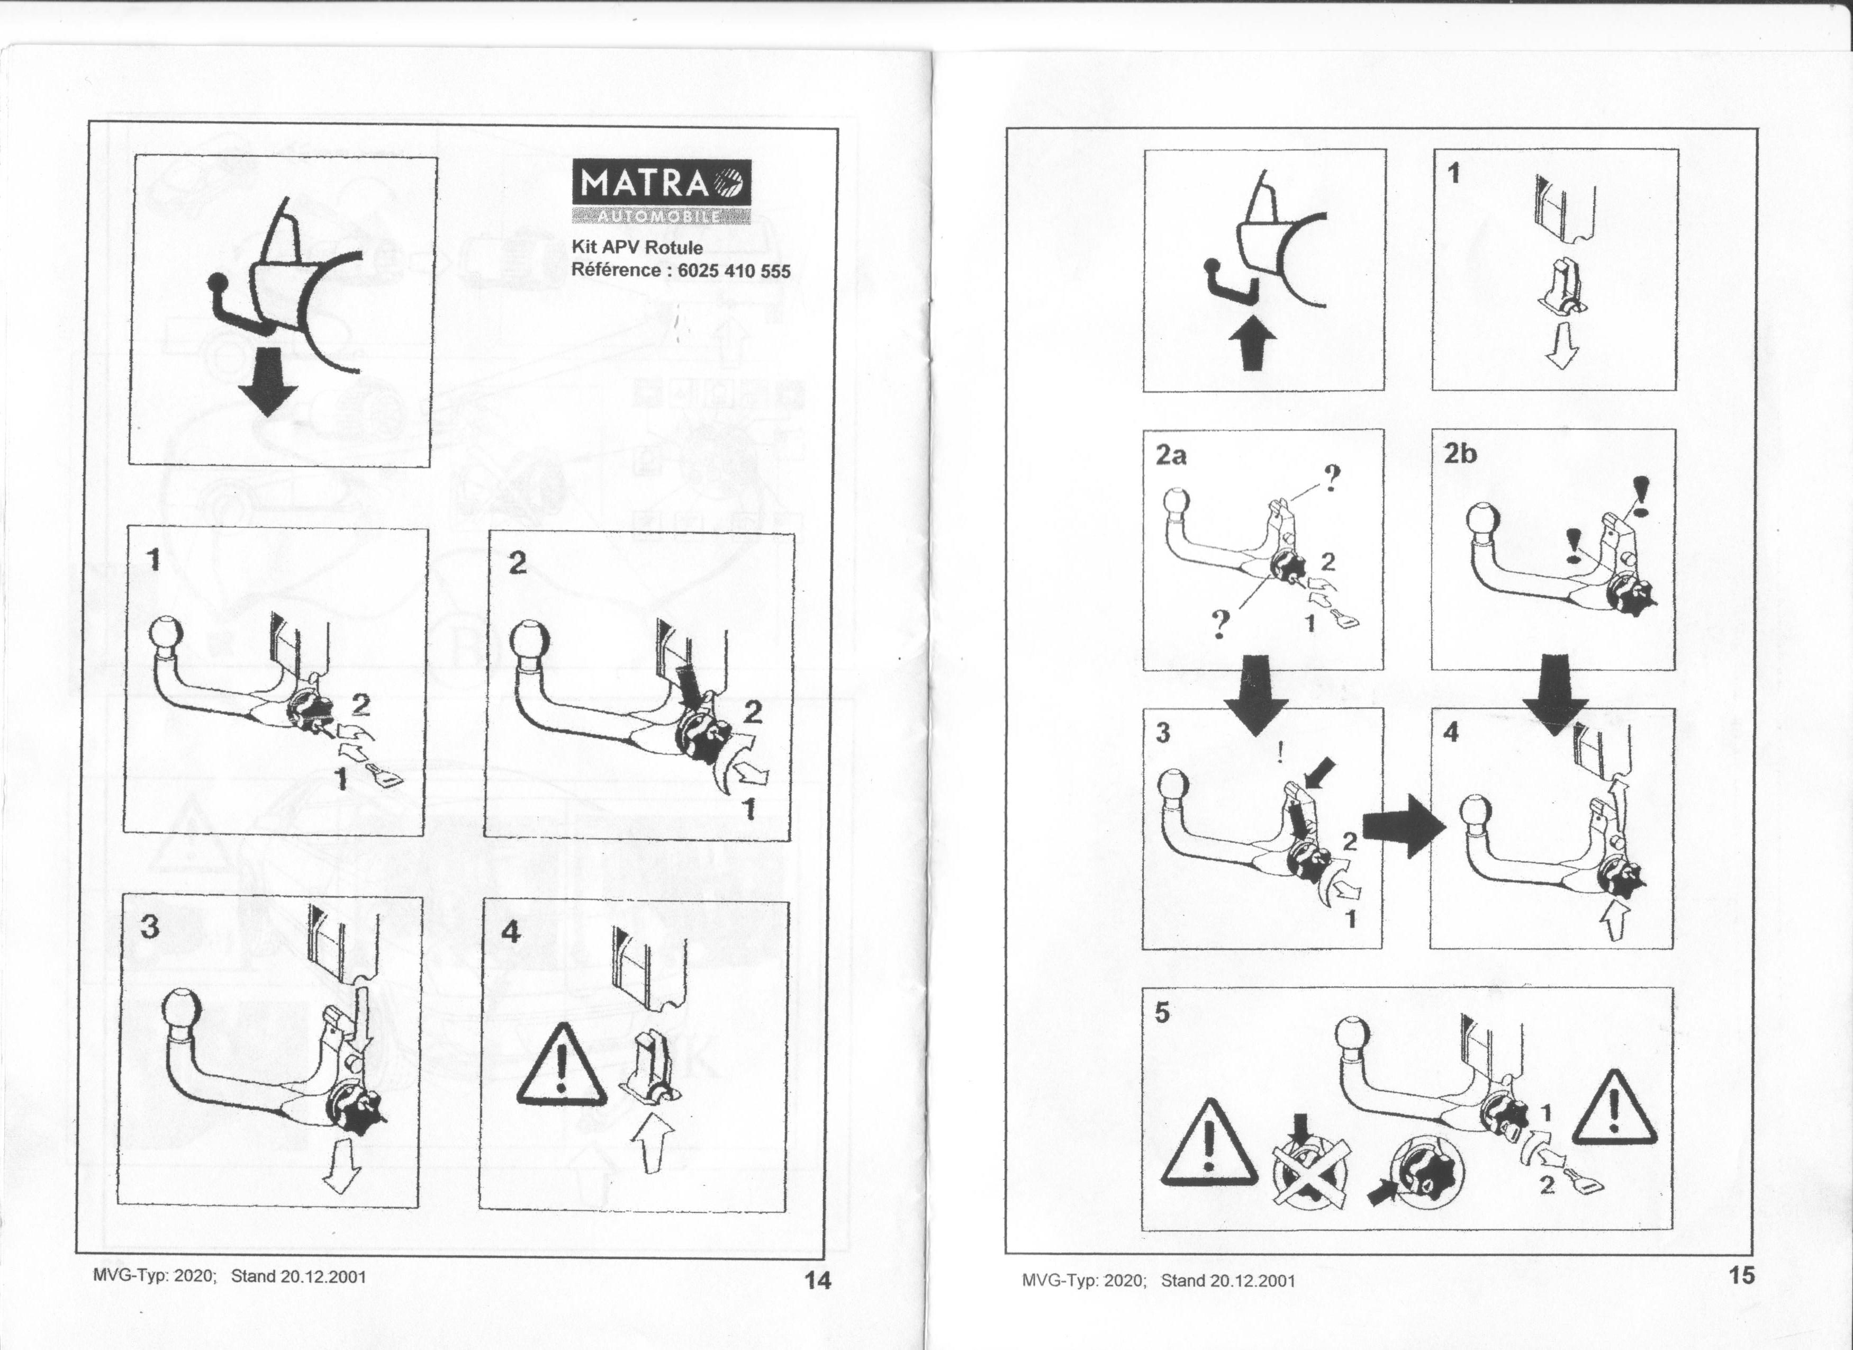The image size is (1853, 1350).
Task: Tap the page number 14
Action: pos(817,1280)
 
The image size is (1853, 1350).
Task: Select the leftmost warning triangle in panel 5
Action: pos(1209,1143)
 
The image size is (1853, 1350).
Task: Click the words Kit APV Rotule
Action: pos(637,247)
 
